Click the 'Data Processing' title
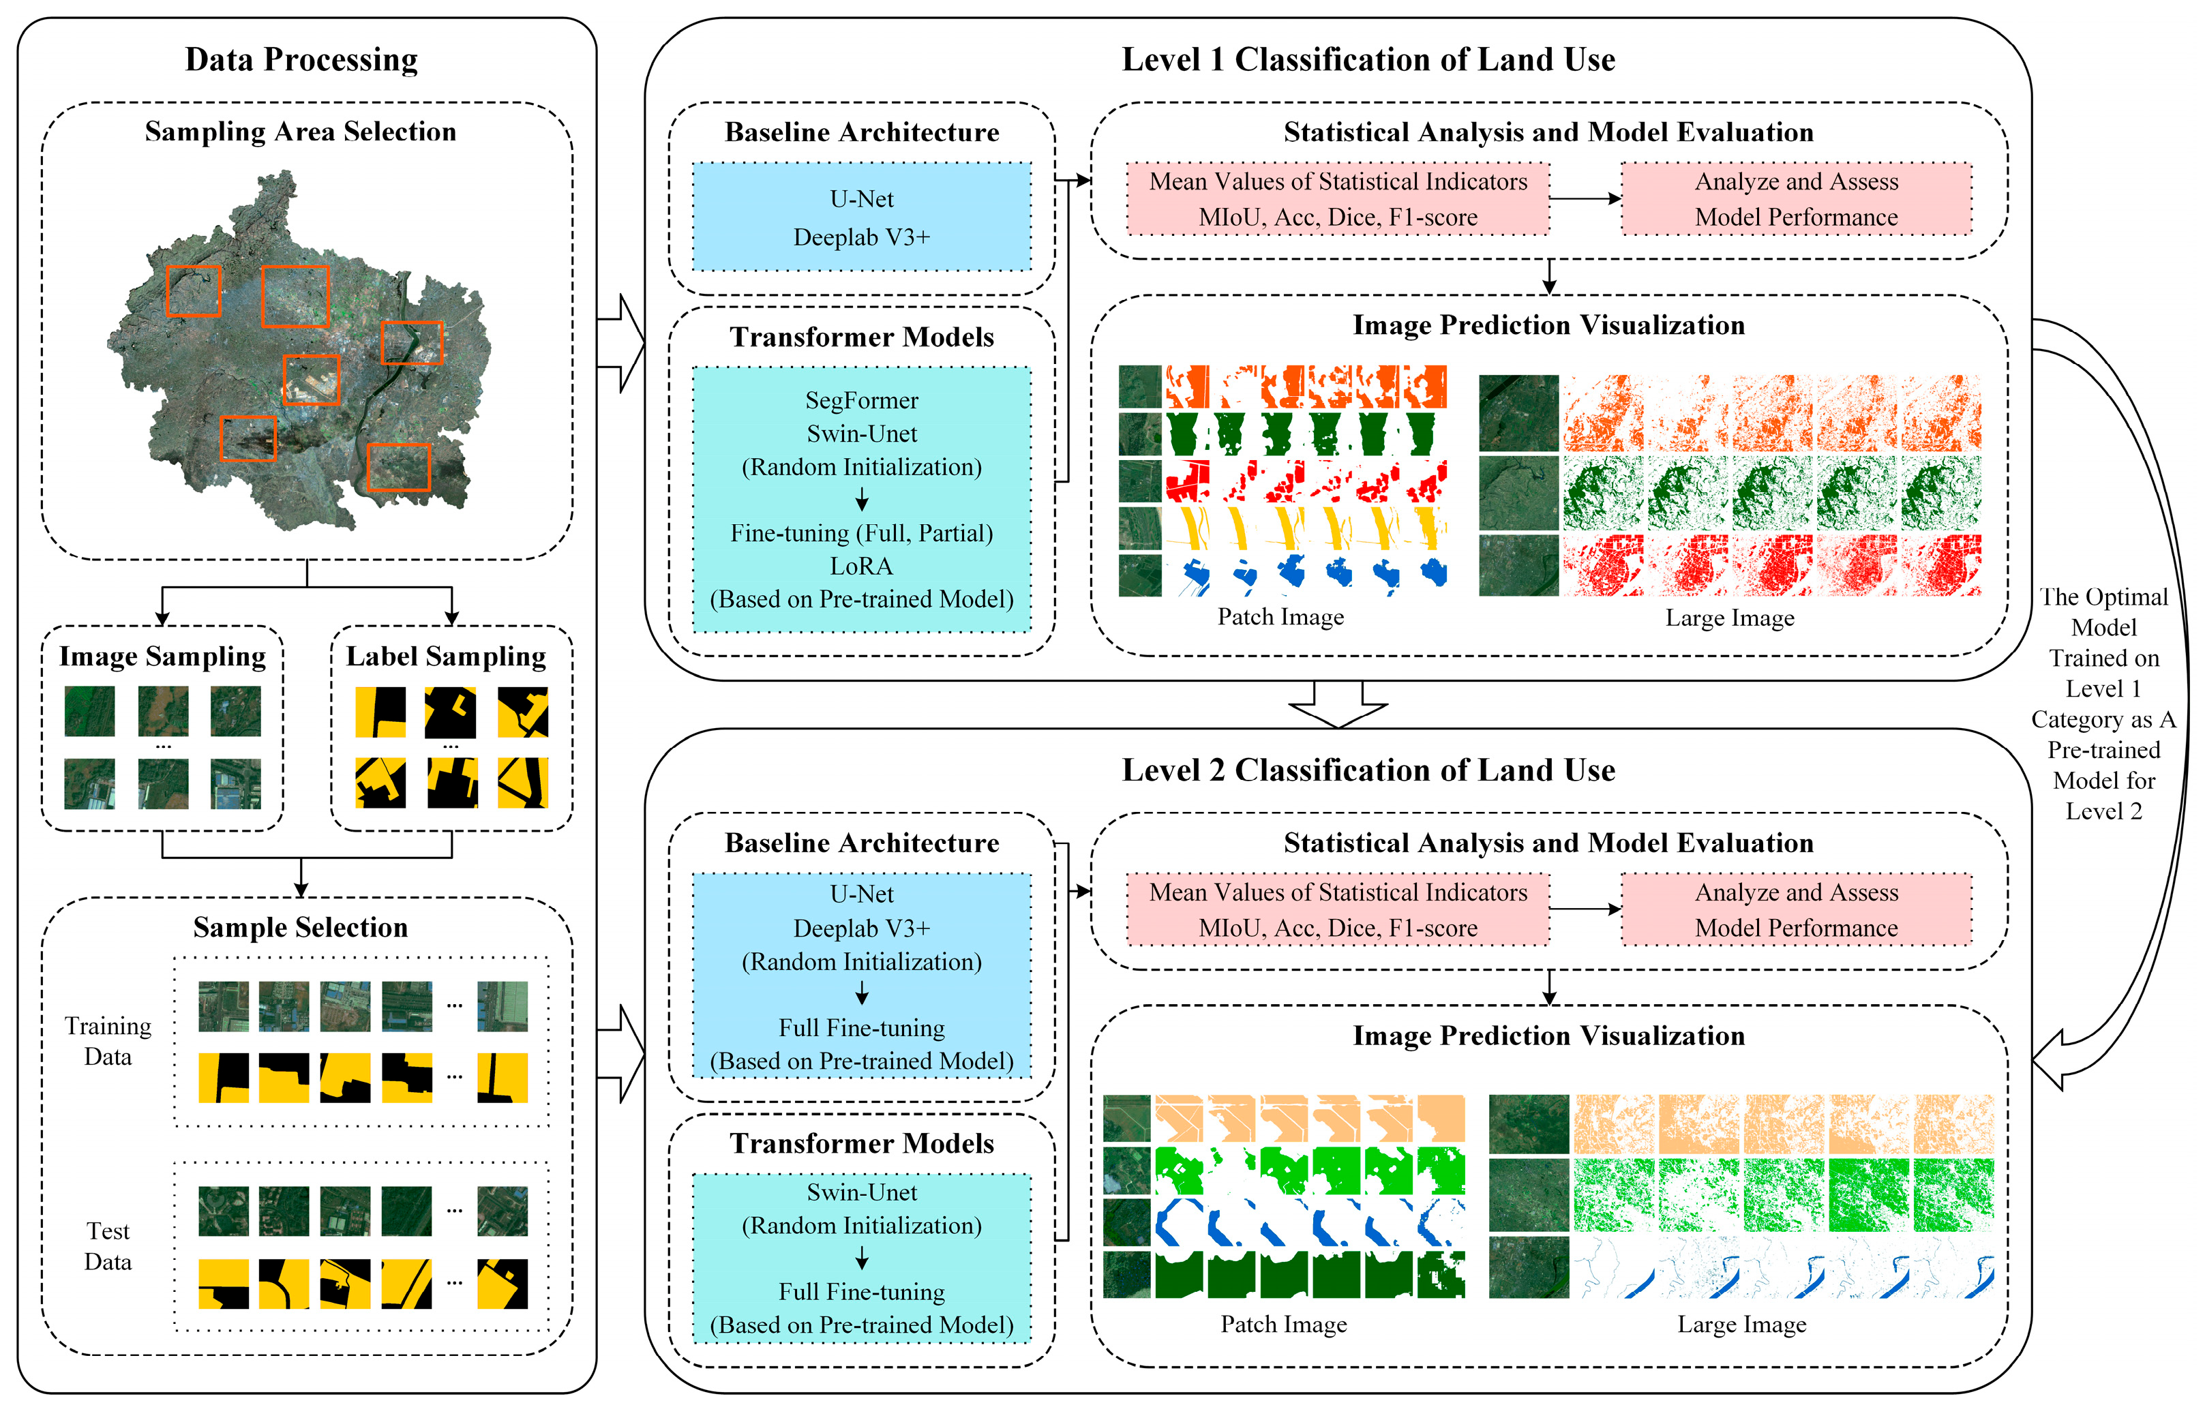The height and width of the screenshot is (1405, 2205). [x=301, y=59]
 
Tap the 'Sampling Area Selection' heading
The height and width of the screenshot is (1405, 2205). [x=301, y=132]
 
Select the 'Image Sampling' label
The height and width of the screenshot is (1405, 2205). [x=162, y=656]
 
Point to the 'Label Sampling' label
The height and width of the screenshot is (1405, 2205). [x=446, y=656]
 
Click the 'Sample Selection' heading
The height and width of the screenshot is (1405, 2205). [x=301, y=927]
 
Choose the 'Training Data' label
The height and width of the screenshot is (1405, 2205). [x=108, y=1041]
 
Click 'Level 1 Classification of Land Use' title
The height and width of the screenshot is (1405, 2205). [x=1368, y=59]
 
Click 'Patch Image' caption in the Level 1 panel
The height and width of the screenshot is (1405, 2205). [x=1280, y=617]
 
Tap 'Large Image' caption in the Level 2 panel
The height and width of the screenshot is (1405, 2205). [x=1741, y=1325]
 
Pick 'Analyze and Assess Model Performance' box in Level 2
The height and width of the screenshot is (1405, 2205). [x=1796, y=910]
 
